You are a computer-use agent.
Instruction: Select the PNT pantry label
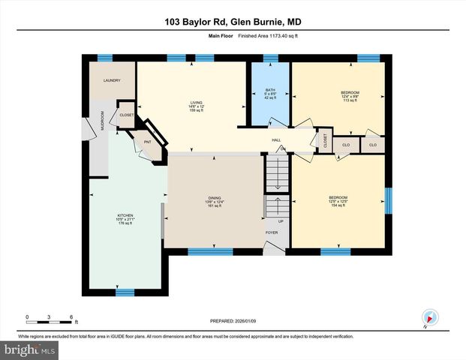pyautogui.click(x=149, y=140)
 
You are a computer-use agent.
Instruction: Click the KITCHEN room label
pyautogui.click(x=125, y=214)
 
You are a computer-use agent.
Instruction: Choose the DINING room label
pyautogui.click(x=215, y=198)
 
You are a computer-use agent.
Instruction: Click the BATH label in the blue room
pyautogui.click(x=269, y=90)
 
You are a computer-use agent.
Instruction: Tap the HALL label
pyautogui.click(x=276, y=139)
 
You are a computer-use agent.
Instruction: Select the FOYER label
pyautogui.click(x=271, y=233)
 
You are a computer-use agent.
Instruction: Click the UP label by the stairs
pyautogui.click(x=281, y=221)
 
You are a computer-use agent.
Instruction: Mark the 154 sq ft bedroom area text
pyautogui.click(x=338, y=205)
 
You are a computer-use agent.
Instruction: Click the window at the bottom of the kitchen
pyautogui.click(x=125, y=291)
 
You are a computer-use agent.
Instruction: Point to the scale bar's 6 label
pyautogui.click(x=71, y=316)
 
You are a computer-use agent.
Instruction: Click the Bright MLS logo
pyautogui.click(x=29, y=349)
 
